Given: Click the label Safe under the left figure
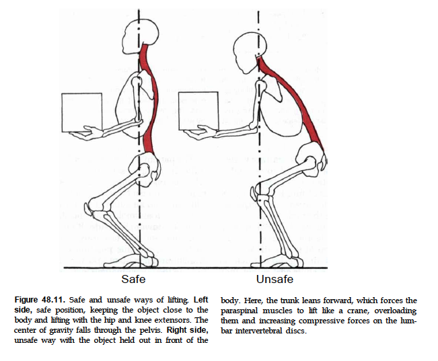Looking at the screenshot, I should pos(133,278).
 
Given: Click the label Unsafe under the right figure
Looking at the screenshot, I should pos(274,278).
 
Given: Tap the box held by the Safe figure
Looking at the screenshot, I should pos(81,112).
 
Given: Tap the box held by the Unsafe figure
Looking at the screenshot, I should pos(198,111).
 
